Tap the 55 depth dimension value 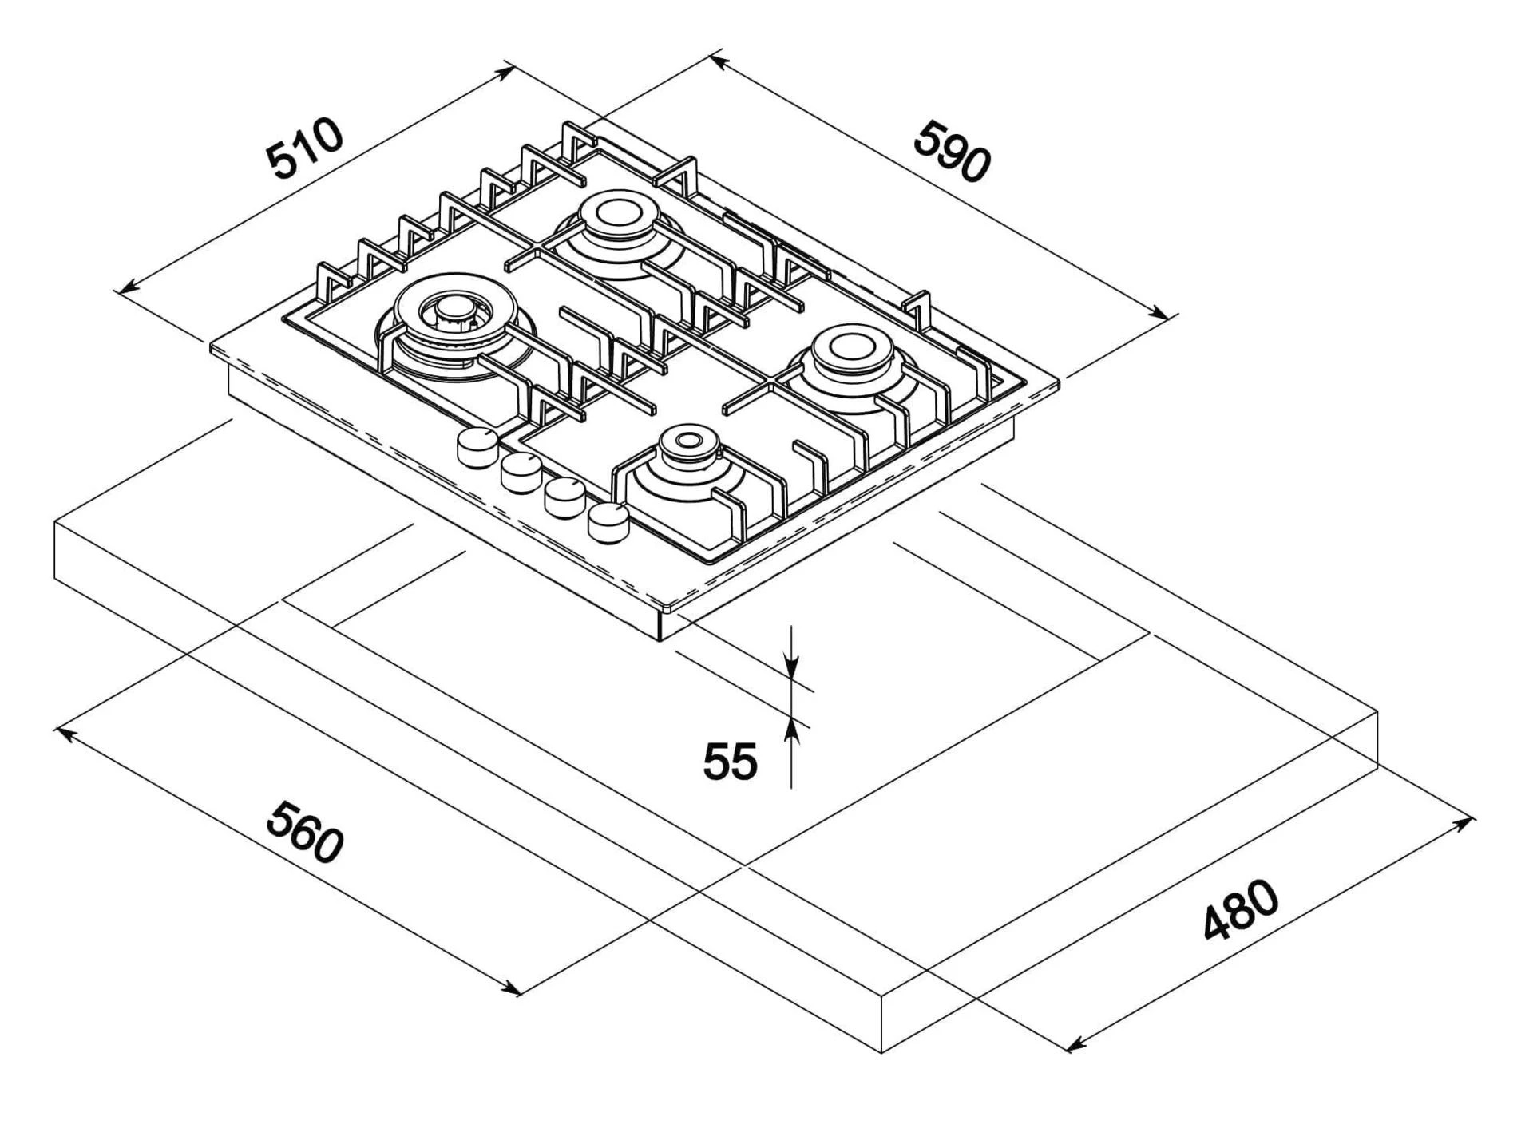point(730,761)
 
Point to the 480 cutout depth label point(1240,911)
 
